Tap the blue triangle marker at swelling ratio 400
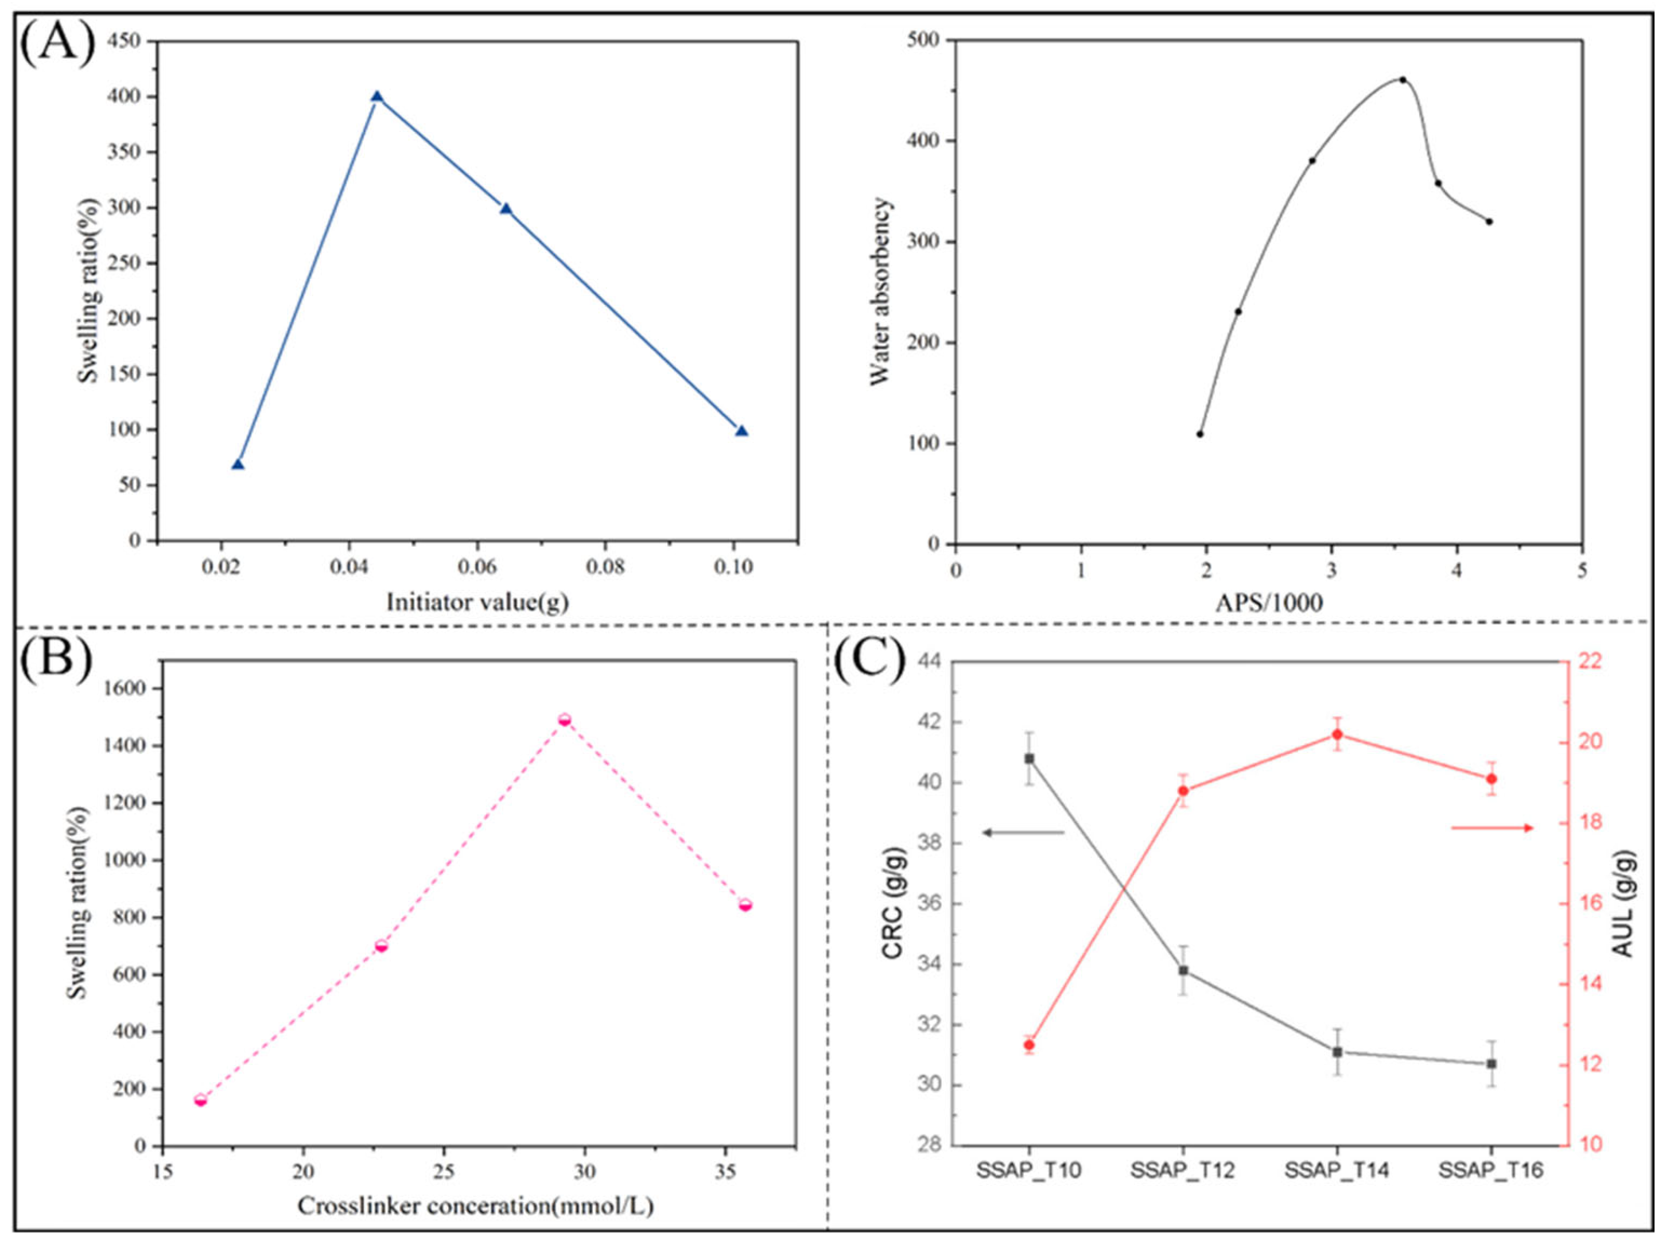tap(377, 97)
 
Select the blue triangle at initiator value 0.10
tap(741, 431)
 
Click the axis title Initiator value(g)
tap(477, 602)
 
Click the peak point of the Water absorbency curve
tap(1403, 80)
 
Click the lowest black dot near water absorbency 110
tap(1200, 434)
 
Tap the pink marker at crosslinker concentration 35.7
tap(745, 905)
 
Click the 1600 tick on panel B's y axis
tap(128, 688)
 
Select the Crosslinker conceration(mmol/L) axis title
tap(476, 1206)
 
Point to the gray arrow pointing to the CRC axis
tap(1023, 832)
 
